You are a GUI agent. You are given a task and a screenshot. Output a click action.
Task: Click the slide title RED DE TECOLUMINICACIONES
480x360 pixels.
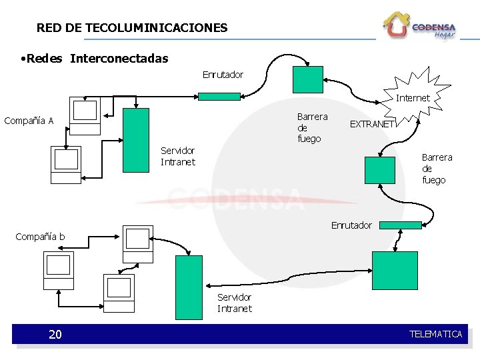tap(132, 28)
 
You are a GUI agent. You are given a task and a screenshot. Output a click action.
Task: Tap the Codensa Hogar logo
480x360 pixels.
tap(420, 26)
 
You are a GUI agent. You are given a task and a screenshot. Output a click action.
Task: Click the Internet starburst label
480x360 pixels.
tap(413, 98)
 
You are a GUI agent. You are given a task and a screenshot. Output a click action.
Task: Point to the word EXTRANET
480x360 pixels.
tap(373, 123)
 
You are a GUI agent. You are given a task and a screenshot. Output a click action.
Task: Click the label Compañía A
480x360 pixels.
tap(29, 121)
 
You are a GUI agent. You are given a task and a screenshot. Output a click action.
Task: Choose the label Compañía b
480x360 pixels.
tap(40, 237)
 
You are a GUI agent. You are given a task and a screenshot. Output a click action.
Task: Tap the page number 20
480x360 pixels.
tap(55, 334)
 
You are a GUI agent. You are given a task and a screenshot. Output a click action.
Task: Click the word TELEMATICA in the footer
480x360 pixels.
tap(435, 334)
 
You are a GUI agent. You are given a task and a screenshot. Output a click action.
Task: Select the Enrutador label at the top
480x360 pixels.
tap(223, 75)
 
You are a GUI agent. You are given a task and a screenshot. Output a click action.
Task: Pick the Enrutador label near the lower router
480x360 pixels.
tap(351, 225)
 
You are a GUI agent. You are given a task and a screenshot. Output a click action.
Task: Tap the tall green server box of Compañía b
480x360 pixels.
tap(188, 287)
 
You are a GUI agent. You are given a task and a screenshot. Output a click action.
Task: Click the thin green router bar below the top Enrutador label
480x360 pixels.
tap(219, 96)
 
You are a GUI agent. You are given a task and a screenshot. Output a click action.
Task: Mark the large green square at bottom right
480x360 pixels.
tap(394, 270)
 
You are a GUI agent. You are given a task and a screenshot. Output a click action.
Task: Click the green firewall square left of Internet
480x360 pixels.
tap(308, 79)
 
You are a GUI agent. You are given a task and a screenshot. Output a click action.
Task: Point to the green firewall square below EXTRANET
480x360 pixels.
tap(380, 169)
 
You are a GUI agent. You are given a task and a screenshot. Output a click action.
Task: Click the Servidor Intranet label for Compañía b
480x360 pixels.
tap(235, 303)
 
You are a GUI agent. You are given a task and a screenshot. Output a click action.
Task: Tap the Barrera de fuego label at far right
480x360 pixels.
tap(437, 169)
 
